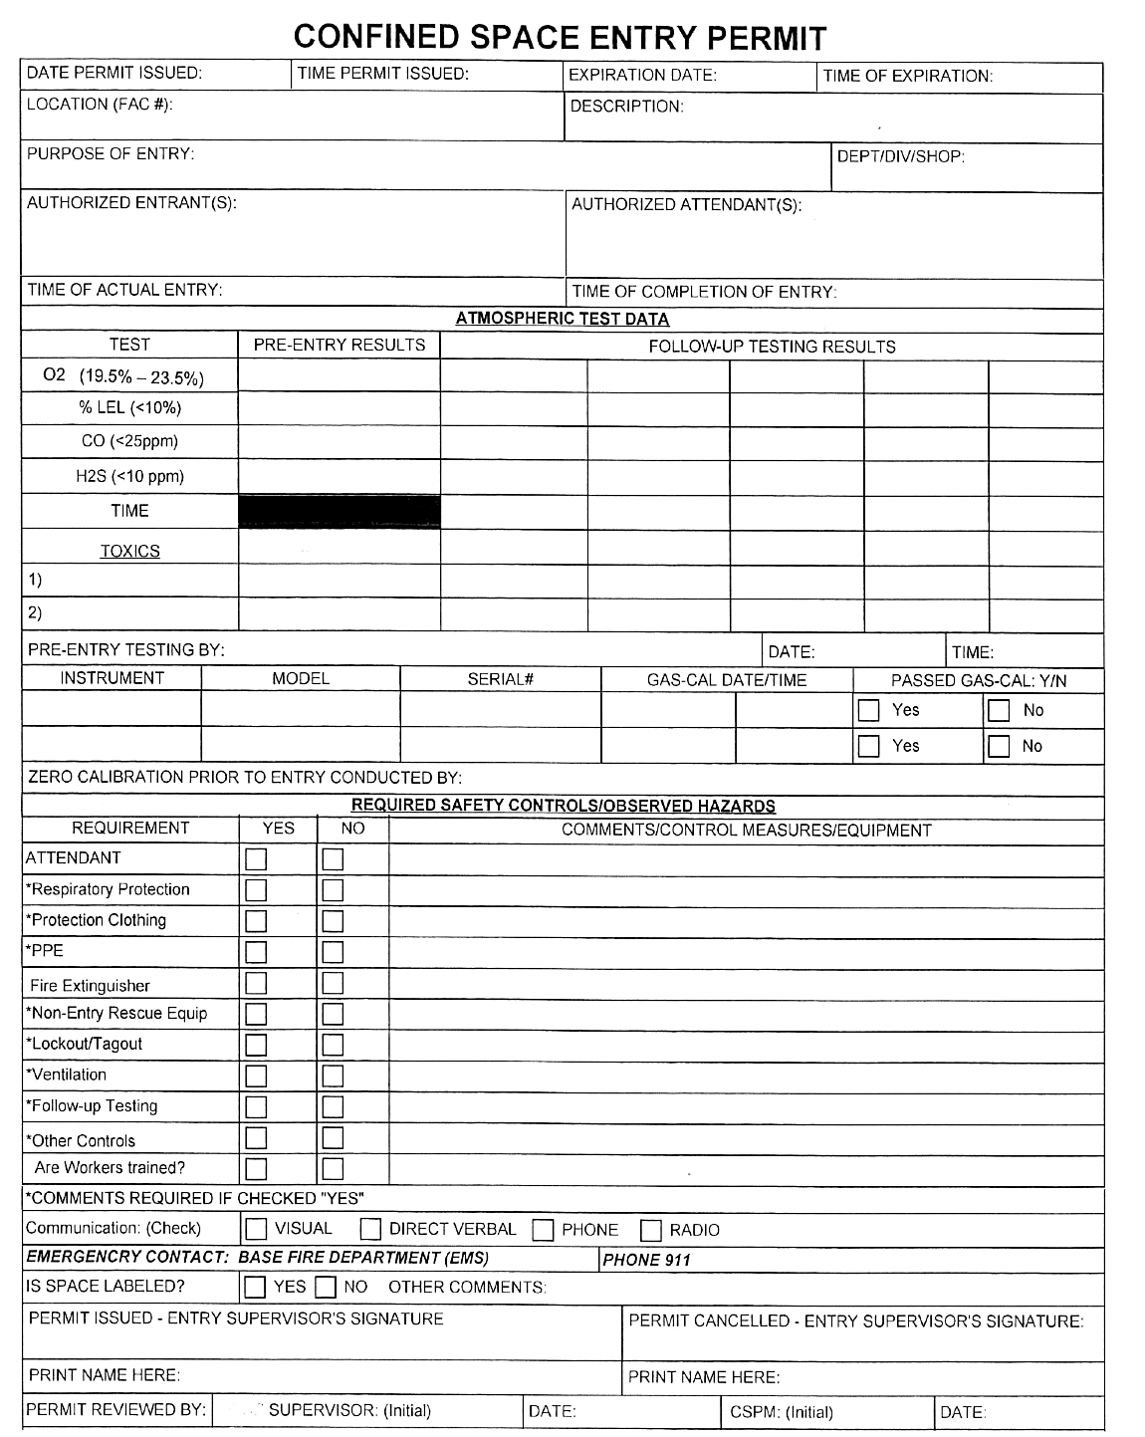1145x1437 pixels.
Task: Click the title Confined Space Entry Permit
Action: coord(560,37)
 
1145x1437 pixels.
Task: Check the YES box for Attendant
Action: coord(256,859)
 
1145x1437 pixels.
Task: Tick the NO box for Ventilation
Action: coord(333,1076)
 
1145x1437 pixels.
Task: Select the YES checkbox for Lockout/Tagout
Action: coord(256,1045)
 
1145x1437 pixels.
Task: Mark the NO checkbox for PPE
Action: coord(333,952)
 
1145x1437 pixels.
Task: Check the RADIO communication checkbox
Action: coord(650,1230)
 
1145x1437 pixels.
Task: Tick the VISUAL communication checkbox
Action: coord(256,1229)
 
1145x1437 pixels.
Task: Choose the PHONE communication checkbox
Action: coord(543,1230)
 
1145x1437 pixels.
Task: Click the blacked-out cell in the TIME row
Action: coord(339,511)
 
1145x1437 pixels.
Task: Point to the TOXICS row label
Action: coord(129,551)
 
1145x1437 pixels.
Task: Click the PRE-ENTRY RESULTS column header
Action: coord(339,345)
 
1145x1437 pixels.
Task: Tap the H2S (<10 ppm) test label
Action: coord(129,476)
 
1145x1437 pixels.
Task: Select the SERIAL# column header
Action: coord(500,679)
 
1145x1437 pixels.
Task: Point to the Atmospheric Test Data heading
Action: coord(562,319)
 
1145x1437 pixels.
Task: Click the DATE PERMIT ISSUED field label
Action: coord(114,73)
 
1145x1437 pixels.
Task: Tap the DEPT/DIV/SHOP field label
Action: coord(900,156)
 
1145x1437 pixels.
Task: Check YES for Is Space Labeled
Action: coord(256,1288)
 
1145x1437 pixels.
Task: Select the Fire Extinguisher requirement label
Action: coord(90,986)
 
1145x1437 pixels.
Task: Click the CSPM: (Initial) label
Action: coord(781,1411)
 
